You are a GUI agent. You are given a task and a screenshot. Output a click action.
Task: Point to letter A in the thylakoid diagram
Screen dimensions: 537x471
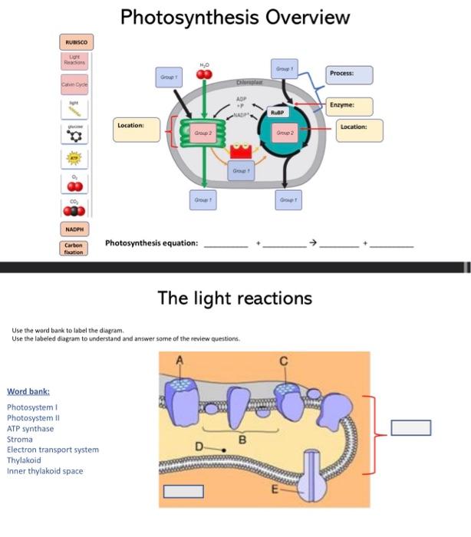(x=182, y=360)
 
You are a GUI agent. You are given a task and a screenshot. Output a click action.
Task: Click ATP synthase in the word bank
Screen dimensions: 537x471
(x=31, y=429)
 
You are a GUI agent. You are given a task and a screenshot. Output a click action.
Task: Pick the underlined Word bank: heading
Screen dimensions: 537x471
(x=28, y=391)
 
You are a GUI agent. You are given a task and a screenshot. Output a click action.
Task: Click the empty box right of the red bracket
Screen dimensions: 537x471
(x=410, y=427)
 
